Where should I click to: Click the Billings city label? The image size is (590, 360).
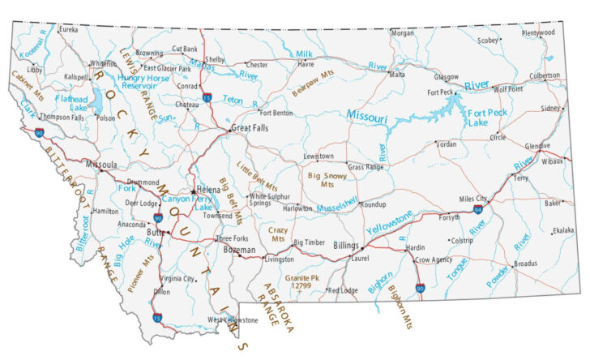(x=345, y=245)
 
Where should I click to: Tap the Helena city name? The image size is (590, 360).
(x=208, y=189)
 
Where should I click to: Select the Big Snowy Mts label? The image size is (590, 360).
(x=327, y=179)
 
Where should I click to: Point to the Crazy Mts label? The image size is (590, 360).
(x=278, y=235)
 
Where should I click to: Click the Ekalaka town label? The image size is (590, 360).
(x=562, y=230)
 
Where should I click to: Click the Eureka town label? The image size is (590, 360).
(x=69, y=29)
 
